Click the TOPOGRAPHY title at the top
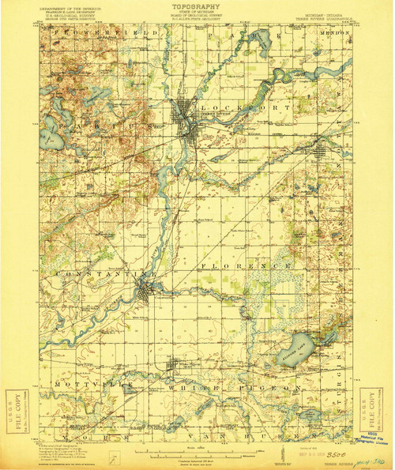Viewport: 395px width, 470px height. [197, 5]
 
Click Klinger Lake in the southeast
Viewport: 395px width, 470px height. [294, 348]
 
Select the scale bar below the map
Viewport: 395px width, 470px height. [197, 456]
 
